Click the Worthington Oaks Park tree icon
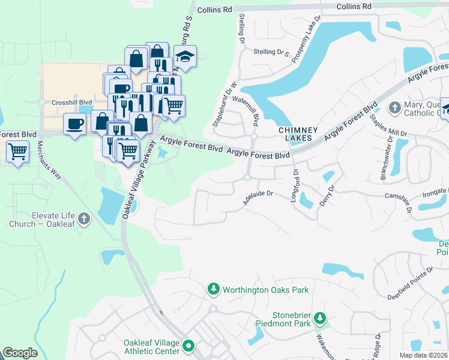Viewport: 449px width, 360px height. (x=214, y=289)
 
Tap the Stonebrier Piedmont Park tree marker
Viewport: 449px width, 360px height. (x=321, y=317)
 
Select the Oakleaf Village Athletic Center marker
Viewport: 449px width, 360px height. (x=189, y=346)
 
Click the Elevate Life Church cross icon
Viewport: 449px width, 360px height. (x=84, y=219)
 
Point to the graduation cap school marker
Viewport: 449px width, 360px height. (x=186, y=57)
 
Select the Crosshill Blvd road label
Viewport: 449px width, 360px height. (x=71, y=103)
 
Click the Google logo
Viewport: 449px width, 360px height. (x=20, y=353)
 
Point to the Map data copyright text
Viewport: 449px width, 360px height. (x=423, y=355)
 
